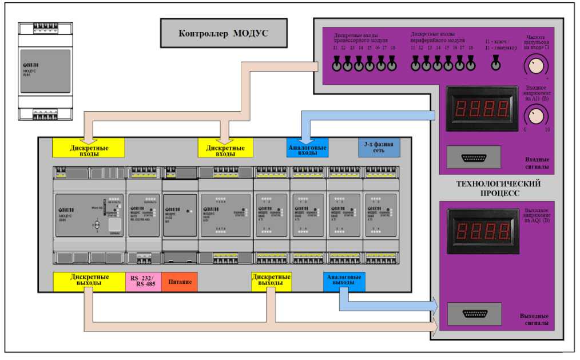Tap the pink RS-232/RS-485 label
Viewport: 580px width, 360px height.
pyautogui.click(x=143, y=282)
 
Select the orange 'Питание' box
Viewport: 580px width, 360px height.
pyautogui.click(x=179, y=282)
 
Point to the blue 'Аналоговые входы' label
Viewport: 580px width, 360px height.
pyautogui.click(x=307, y=148)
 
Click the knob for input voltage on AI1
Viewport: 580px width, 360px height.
pyautogui.click(x=535, y=117)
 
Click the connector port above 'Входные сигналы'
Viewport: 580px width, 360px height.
pyautogui.click(x=474, y=157)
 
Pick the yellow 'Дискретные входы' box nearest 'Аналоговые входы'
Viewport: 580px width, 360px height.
pyautogui.click(x=225, y=148)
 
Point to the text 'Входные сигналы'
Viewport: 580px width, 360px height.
pyautogui.click(x=537, y=163)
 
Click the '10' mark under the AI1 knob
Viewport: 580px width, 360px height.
pyautogui.click(x=547, y=129)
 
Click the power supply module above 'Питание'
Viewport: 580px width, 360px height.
pyautogui.click(x=180, y=215)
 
